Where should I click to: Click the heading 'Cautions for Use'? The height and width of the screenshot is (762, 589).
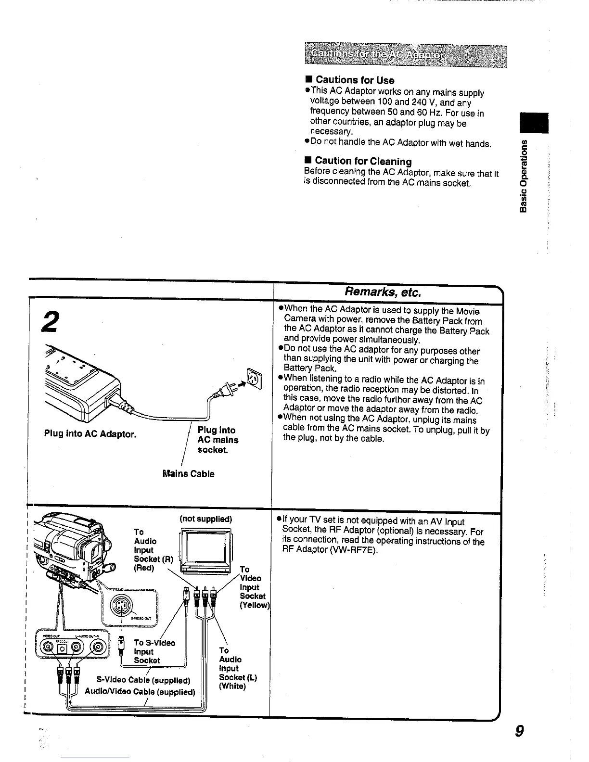[x=354, y=80]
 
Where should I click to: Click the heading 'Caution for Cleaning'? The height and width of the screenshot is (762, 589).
[x=363, y=161]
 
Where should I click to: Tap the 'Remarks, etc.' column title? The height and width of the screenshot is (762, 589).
[x=383, y=292]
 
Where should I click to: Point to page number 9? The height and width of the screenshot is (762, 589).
[x=519, y=731]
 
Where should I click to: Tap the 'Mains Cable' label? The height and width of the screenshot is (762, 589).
[x=189, y=474]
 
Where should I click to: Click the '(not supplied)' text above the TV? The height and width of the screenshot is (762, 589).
[x=206, y=519]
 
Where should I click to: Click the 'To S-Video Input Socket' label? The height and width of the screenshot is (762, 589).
[x=154, y=651]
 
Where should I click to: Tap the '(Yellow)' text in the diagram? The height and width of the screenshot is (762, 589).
[x=254, y=605]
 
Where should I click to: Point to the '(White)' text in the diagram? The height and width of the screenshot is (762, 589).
[x=232, y=686]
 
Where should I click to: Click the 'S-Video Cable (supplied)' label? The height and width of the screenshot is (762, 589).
[x=143, y=680]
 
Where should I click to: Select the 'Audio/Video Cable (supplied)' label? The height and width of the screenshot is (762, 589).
[x=140, y=692]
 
